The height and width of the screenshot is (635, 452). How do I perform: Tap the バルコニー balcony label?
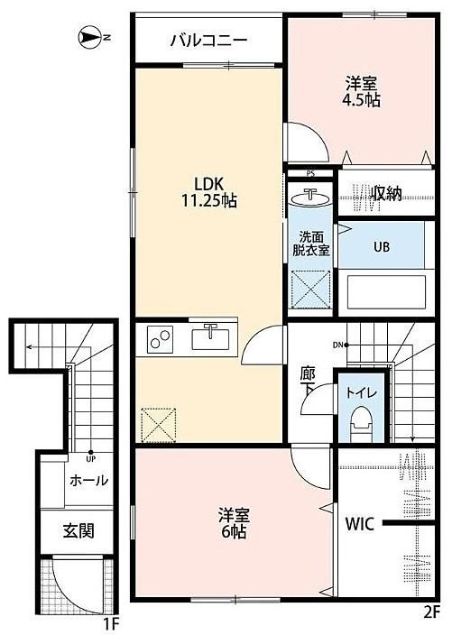(208, 41)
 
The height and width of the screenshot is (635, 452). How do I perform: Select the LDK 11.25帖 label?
(209, 192)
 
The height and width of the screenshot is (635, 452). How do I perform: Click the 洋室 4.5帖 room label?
(361, 92)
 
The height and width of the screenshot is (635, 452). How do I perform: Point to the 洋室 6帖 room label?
(234, 523)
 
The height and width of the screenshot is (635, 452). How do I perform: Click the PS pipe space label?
(310, 174)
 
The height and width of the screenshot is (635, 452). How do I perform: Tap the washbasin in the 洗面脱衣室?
(310, 198)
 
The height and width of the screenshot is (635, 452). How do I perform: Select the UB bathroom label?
(381, 246)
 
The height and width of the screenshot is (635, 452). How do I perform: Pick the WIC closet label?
(360, 524)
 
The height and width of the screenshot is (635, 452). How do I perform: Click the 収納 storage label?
(387, 194)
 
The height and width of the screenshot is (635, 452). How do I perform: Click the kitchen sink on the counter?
(210, 337)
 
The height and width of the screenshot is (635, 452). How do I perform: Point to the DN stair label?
(337, 345)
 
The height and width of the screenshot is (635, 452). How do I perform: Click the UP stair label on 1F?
(90, 459)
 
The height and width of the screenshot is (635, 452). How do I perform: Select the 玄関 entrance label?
(78, 530)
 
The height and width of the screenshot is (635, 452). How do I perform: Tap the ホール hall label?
(88, 481)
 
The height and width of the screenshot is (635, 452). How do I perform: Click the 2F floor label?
(431, 623)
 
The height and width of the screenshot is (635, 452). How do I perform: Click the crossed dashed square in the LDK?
(159, 425)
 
